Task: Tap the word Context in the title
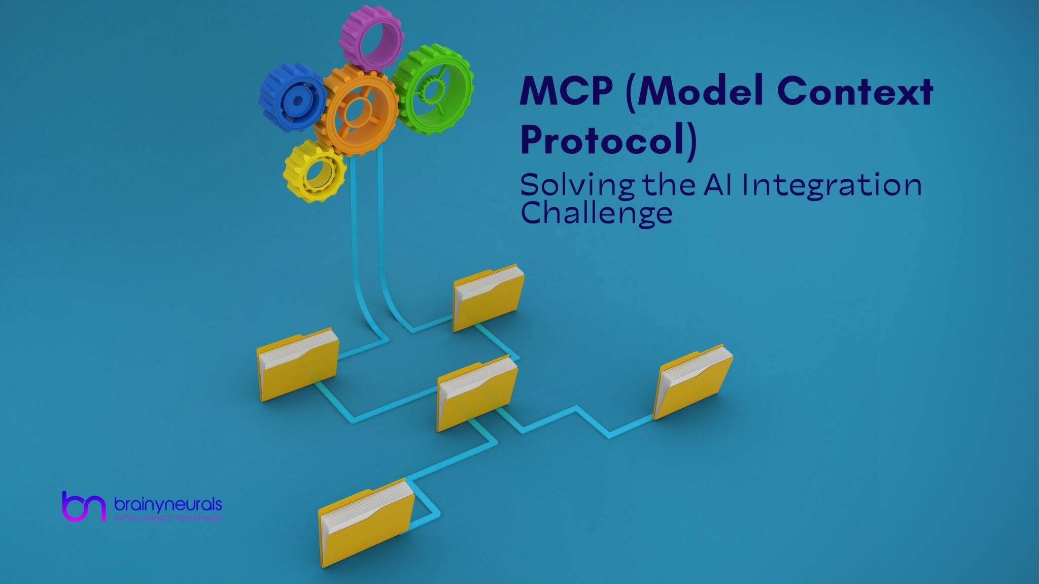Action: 855,92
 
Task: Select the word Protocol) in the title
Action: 608,139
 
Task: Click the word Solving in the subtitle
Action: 577,186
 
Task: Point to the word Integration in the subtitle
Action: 832,186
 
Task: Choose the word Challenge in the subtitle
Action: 597,213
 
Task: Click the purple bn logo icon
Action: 84,506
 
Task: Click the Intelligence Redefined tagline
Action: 168,518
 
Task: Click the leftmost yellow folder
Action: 297,364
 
